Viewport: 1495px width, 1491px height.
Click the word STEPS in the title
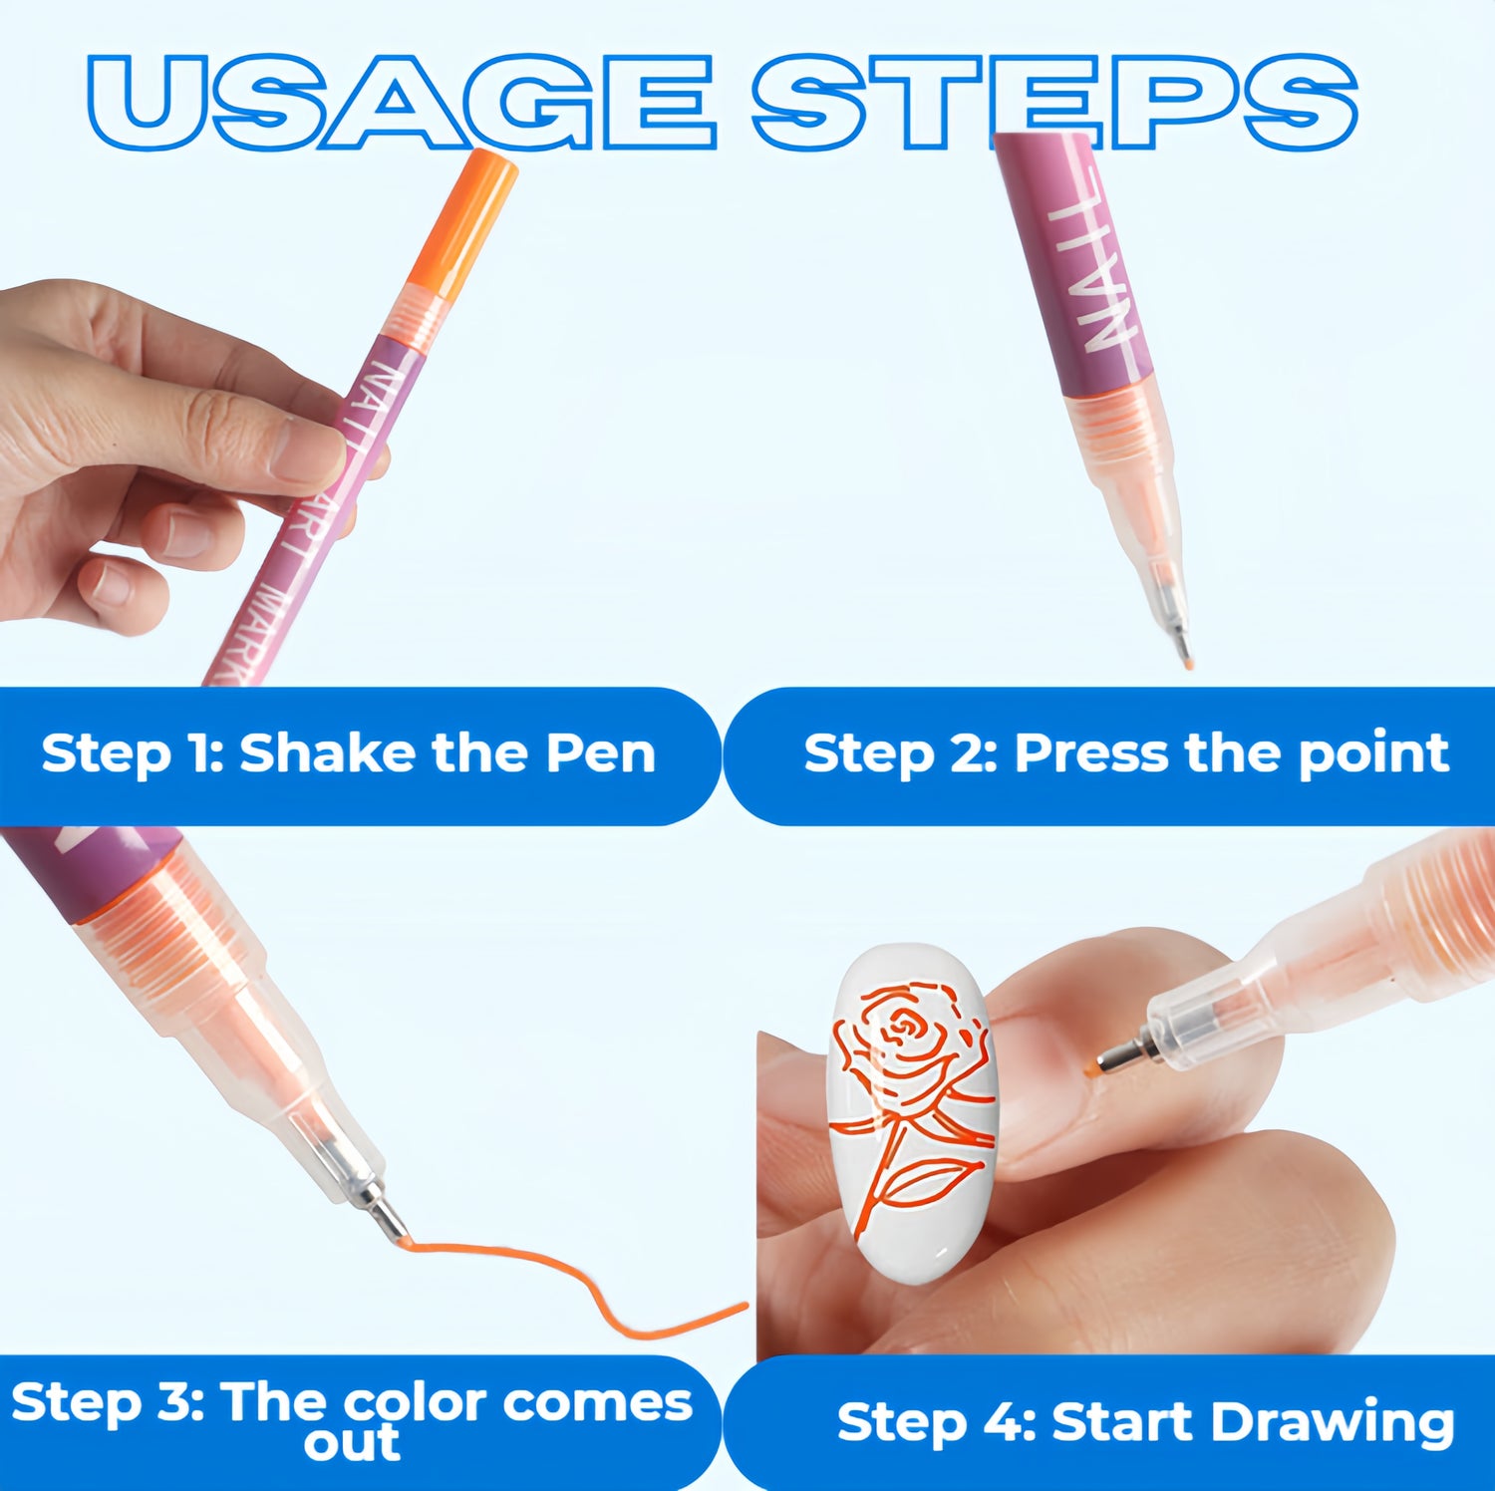pos(1054,102)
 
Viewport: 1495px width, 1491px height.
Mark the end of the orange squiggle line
pos(746,1305)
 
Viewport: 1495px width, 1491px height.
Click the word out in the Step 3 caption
pos(352,1444)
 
